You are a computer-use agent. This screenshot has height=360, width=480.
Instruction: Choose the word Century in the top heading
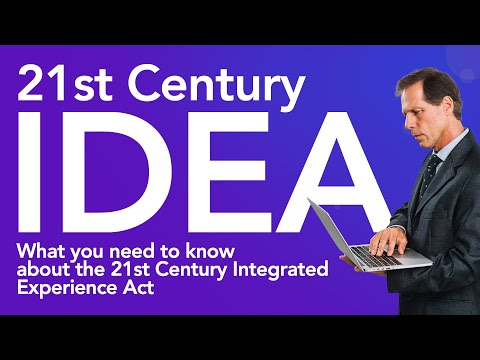[205, 87]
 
